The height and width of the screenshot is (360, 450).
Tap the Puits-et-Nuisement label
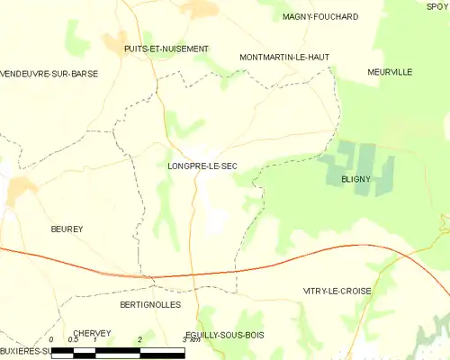[166, 49]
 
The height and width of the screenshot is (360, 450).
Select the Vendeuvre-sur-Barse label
[49, 74]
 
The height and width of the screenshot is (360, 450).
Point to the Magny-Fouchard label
[319, 17]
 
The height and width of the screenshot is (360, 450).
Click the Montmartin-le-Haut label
[284, 57]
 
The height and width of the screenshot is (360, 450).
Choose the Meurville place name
[389, 71]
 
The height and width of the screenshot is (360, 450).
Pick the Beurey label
[67, 229]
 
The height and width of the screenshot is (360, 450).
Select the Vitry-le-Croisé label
[336, 292]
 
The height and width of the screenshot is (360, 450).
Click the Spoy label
[438, 6]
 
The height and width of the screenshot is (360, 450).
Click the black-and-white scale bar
[117, 352]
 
